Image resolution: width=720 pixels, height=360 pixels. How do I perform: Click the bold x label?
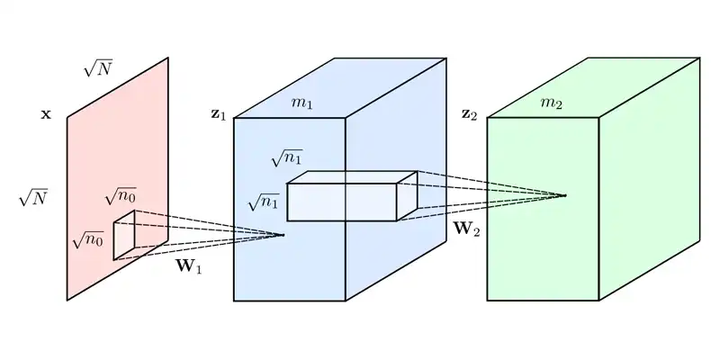pos(46,116)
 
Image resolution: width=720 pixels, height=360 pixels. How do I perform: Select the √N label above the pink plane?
pos(98,67)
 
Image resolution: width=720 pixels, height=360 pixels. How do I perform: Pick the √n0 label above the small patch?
pos(120,195)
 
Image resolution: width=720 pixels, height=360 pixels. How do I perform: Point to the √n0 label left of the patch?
pos(87,239)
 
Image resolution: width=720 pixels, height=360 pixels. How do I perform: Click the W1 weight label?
pos(188,266)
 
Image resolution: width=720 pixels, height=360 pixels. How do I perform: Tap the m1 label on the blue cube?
pos(301,103)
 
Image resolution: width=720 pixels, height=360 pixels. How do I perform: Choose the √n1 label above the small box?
pos(286,158)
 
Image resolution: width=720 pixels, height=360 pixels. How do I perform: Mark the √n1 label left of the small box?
pos(263,202)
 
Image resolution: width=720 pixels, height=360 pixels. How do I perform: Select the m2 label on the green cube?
pos(550,103)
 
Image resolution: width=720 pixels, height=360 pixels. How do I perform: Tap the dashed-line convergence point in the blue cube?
pos(283,235)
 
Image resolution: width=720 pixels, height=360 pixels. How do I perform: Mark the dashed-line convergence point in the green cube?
pos(565,195)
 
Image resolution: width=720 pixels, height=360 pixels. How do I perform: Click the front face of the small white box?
pos(341,202)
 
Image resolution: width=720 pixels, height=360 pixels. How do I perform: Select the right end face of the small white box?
pos(407,197)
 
